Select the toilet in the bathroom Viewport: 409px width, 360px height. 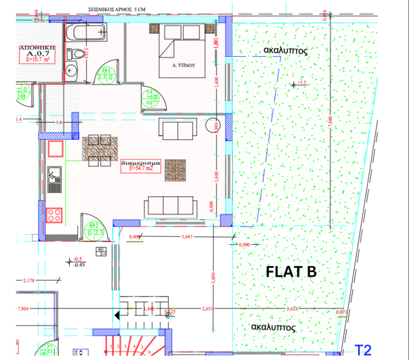click(77, 53)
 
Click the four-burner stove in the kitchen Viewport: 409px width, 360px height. click(54, 215)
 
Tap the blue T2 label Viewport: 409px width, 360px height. click(364, 350)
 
